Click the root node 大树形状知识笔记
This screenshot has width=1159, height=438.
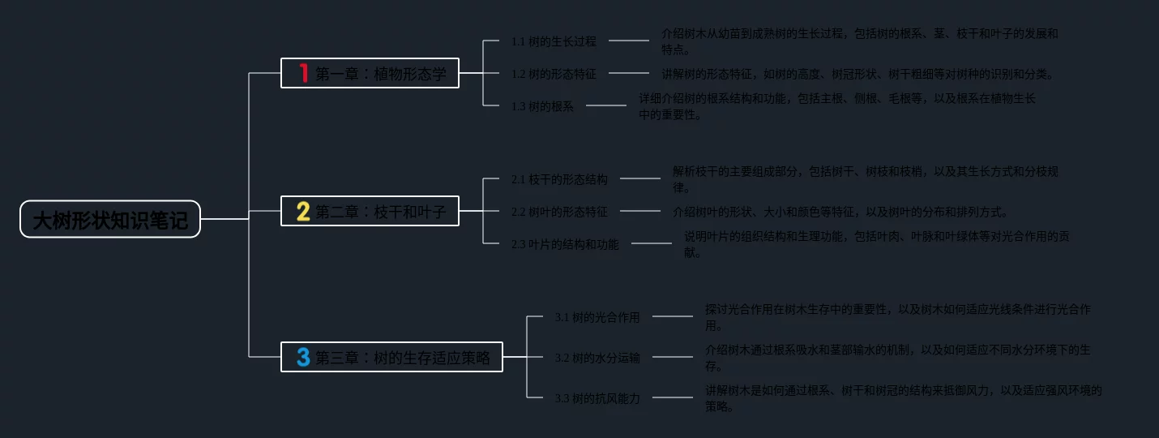click(x=110, y=219)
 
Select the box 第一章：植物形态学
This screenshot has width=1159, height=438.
click(x=370, y=74)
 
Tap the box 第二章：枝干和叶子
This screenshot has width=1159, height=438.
click(x=370, y=212)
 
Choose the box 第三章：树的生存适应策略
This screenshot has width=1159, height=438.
click(x=392, y=357)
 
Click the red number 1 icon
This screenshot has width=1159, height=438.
click(x=304, y=74)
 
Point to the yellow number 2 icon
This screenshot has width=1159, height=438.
click(x=303, y=212)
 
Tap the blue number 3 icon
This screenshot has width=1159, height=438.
click(x=303, y=357)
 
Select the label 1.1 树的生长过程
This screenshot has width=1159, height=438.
click(x=554, y=41)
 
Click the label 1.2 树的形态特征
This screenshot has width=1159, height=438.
click(x=554, y=74)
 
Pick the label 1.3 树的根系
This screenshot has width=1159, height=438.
click(x=542, y=106)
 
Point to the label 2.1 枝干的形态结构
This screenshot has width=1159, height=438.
click(x=559, y=179)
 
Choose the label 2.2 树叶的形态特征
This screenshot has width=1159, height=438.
click(x=559, y=212)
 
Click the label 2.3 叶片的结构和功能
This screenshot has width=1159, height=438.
click(x=565, y=244)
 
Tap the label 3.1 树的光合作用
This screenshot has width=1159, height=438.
click(x=597, y=317)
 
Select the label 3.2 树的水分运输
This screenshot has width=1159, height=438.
click(x=597, y=358)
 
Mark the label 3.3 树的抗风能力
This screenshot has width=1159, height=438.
click(x=597, y=398)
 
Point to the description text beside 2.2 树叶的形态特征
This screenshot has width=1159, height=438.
click(x=840, y=212)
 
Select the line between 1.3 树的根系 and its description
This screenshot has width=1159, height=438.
click(x=606, y=105)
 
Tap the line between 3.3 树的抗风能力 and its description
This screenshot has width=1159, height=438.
click(x=673, y=397)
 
